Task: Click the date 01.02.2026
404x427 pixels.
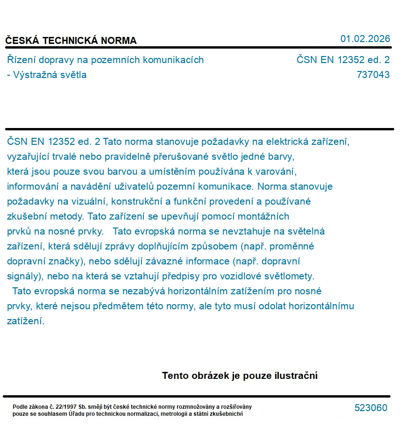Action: pos(365,39)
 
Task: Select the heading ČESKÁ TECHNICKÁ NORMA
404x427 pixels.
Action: pos(71,41)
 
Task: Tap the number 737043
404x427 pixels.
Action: pos(373,75)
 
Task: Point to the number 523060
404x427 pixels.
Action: pos(371,408)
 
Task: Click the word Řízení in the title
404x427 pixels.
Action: pos(21,60)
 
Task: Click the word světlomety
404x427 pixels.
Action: pos(290,277)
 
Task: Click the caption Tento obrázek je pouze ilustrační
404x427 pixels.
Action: pos(240,376)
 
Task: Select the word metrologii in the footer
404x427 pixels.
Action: pos(178,414)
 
